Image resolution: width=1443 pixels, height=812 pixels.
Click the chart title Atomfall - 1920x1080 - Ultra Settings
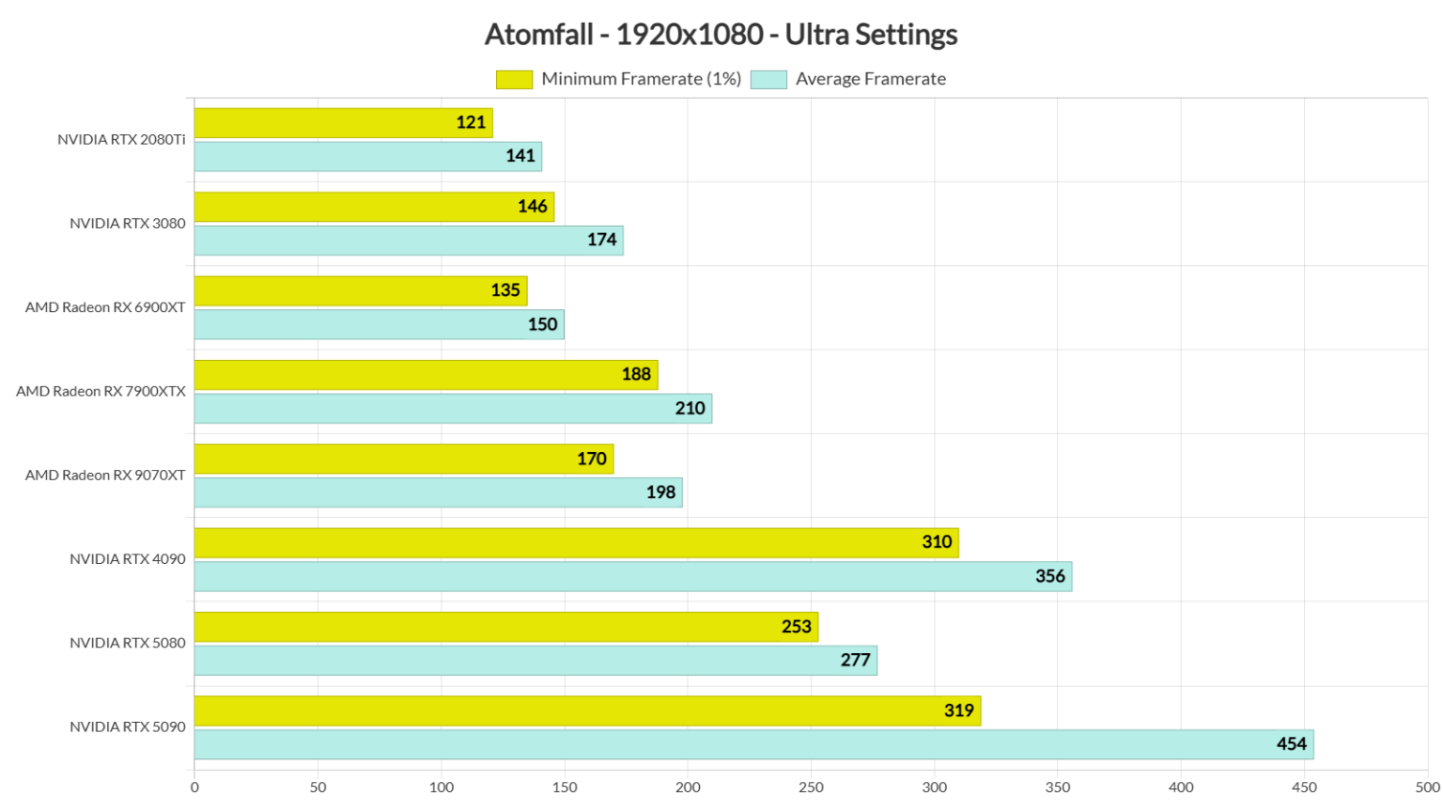pos(721,35)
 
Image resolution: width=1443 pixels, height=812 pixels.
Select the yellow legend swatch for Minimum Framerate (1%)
pos(514,80)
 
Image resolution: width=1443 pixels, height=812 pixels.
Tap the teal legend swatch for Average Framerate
pos(768,80)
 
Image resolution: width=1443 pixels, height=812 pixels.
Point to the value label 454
pos(1291,744)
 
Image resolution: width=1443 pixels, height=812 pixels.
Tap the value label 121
pos(471,123)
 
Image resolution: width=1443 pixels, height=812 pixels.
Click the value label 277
pos(855,661)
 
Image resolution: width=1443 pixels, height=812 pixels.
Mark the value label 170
pos(591,459)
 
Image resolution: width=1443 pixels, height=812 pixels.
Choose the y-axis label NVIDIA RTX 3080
pos(128,224)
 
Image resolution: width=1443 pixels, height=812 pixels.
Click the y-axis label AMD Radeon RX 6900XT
pos(105,307)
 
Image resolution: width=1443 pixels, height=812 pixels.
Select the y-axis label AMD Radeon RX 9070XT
pos(105,476)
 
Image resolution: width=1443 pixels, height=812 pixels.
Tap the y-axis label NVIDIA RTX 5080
pos(128,643)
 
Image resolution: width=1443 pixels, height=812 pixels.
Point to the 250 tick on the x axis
pos(811,788)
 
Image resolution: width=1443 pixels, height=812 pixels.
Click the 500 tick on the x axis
pos(1427,788)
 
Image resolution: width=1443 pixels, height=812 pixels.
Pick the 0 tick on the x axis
pos(194,788)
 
